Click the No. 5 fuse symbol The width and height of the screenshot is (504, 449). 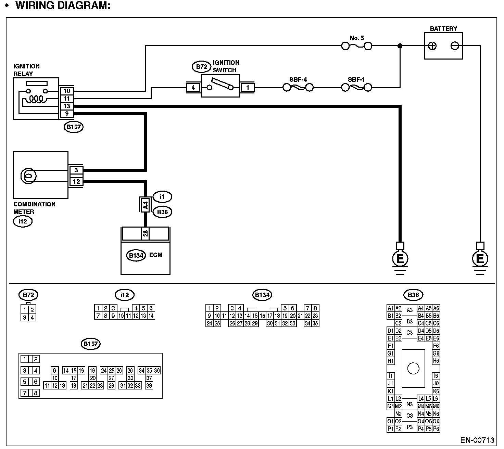tap(357, 46)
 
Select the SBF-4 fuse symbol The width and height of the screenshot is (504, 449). tap(298, 88)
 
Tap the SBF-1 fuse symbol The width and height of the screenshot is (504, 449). tap(356, 88)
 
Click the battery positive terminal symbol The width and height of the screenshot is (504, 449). tap(432, 46)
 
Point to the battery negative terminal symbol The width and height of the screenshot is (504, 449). tap(455, 46)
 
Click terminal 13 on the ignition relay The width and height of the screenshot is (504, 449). tap(67, 106)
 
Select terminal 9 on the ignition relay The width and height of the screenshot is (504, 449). tap(67, 114)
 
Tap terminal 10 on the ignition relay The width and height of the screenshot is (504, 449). tap(67, 91)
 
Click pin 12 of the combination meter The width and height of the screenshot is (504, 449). tap(76, 181)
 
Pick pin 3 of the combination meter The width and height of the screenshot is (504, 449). tap(76, 170)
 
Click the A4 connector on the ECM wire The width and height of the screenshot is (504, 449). tap(145, 205)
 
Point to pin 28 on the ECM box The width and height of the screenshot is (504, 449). tap(145, 233)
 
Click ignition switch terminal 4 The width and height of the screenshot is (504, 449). tap(193, 88)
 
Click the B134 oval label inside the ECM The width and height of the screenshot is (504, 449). tap(136, 255)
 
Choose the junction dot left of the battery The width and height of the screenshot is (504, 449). tap(400, 46)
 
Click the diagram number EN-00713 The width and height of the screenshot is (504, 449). tap(477, 440)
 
